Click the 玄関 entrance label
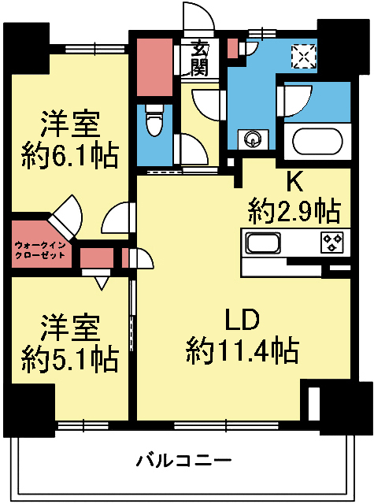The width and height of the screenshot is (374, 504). (199, 58)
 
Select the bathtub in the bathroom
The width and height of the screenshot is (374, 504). (318, 142)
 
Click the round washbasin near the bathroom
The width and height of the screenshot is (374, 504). (253, 139)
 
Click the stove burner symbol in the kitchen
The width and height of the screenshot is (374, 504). (331, 243)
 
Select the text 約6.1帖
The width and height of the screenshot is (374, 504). (69, 154)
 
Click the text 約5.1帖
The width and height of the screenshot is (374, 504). (69, 358)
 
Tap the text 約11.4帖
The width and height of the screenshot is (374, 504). (242, 348)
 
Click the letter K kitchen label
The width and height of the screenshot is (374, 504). (294, 181)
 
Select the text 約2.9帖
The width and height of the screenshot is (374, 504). (294, 210)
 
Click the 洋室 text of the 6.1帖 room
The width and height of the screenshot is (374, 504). (69, 124)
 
